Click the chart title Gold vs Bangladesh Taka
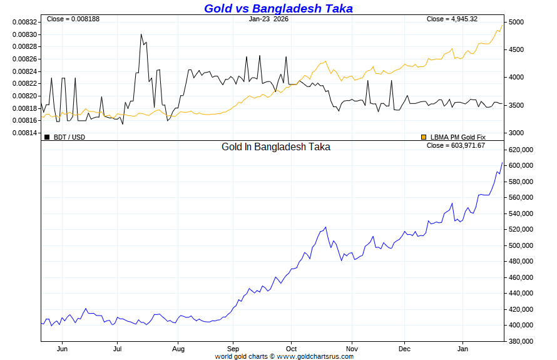tap(278, 8)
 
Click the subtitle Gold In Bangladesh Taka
tap(276, 147)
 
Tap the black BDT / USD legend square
tap(47, 136)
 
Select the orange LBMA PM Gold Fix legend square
tap(424, 136)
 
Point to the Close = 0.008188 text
tap(73, 19)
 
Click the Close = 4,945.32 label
tap(452, 19)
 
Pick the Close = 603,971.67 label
tap(456, 145)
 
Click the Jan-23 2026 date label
tap(268, 19)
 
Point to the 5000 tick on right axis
tap(517, 22)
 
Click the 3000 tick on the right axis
tap(517, 133)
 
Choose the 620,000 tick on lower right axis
tap(521, 150)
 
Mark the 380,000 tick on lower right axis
tap(521, 341)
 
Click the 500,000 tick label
tap(521, 245)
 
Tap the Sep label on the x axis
tap(233, 348)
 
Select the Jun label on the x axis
tap(62, 348)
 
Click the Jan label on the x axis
tap(462, 348)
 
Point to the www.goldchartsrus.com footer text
tap(315, 356)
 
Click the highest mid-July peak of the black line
tap(141, 34)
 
